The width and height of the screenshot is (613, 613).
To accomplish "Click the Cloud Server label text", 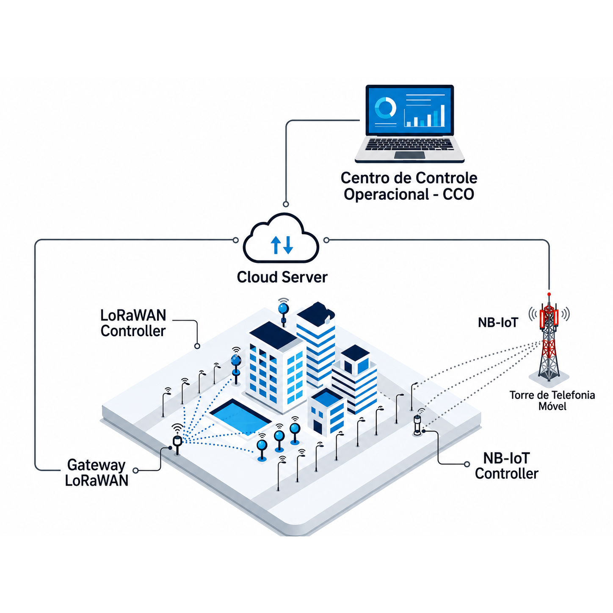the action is coord(282,277).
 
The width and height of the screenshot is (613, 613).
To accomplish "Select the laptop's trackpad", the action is coord(409,155).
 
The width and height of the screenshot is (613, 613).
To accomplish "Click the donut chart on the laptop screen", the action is coord(385,107).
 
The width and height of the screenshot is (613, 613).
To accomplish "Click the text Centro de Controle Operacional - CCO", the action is coord(409,186).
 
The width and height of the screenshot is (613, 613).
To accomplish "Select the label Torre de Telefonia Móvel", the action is coord(552,400).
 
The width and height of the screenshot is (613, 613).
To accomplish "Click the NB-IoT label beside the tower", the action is coord(498,323).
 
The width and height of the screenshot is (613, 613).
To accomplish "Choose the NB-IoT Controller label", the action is coord(506,466).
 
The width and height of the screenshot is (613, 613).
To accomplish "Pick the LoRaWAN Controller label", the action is coord(133,323).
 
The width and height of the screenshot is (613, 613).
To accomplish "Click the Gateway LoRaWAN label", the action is coord(97,473).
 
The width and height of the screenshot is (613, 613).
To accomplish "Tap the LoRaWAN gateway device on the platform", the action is coord(177,443).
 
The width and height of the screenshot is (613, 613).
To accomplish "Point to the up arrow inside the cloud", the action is coord(275,245).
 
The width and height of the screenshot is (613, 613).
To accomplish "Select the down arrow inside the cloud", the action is coord(288,245).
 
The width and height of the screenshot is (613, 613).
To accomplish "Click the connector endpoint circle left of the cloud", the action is coord(236,240).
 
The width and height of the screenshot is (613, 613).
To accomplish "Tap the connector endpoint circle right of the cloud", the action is coord(326,240).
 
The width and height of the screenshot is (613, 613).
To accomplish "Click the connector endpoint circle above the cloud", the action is coord(286,204).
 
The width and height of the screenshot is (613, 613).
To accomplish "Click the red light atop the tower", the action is coord(549,294).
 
